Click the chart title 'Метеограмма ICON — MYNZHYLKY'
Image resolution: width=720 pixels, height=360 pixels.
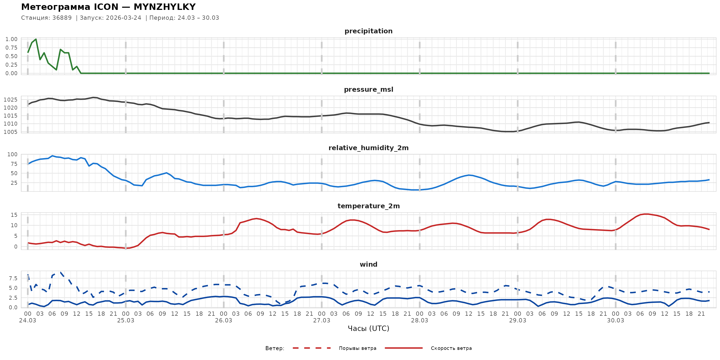coord(108,7)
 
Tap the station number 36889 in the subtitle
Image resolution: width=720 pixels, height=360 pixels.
coord(62,18)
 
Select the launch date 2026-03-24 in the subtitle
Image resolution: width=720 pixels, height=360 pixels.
coord(123,18)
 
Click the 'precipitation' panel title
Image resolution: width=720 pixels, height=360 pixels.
coord(368,31)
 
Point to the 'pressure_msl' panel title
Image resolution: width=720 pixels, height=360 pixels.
coord(368,89)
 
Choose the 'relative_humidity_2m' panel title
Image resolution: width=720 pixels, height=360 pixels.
coord(368,148)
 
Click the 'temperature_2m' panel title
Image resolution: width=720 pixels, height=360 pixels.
coord(368,206)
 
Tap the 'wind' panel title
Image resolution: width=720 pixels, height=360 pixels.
coord(368,265)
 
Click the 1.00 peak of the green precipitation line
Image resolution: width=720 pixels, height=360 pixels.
coord(36,39)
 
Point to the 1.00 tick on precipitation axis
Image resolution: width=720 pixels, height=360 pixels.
coord(11,39)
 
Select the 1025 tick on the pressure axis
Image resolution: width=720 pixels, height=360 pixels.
coord(10,100)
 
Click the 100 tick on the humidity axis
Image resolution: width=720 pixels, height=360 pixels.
coord(12,154)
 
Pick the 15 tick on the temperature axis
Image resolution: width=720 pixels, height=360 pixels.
coord(14,215)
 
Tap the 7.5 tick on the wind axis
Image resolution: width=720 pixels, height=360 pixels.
coord(13,278)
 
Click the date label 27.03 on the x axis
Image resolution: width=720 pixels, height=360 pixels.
coord(321,321)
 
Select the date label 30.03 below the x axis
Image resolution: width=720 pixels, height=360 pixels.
coord(615,321)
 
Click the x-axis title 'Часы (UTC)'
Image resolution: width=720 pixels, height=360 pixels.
coord(368,329)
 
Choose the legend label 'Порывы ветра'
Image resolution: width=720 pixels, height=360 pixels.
coord(357,348)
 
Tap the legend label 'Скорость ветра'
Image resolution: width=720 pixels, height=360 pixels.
coord(451,348)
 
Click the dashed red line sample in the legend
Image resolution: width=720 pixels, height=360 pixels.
coord(312,348)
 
